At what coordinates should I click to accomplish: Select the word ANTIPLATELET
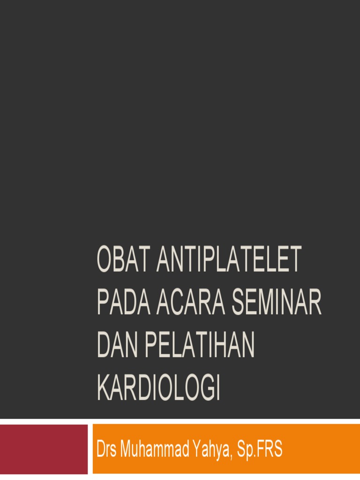coord(229,260)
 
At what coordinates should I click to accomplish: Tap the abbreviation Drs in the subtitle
coord(106,450)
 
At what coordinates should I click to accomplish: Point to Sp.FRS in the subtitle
coord(261,450)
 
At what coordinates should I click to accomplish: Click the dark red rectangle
coord(44,449)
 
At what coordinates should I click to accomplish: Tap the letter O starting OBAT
coord(104,260)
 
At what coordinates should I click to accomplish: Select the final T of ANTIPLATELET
coord(294,260)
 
